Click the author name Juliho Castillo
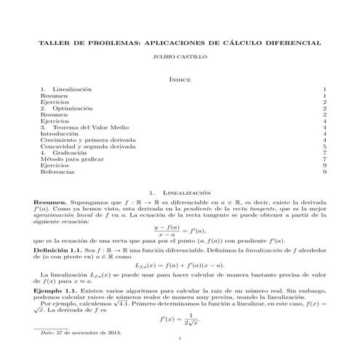click(179, 55)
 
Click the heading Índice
click(179, 76)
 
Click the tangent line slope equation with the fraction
click(179, 229)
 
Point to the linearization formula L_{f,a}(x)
click(179, 265)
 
